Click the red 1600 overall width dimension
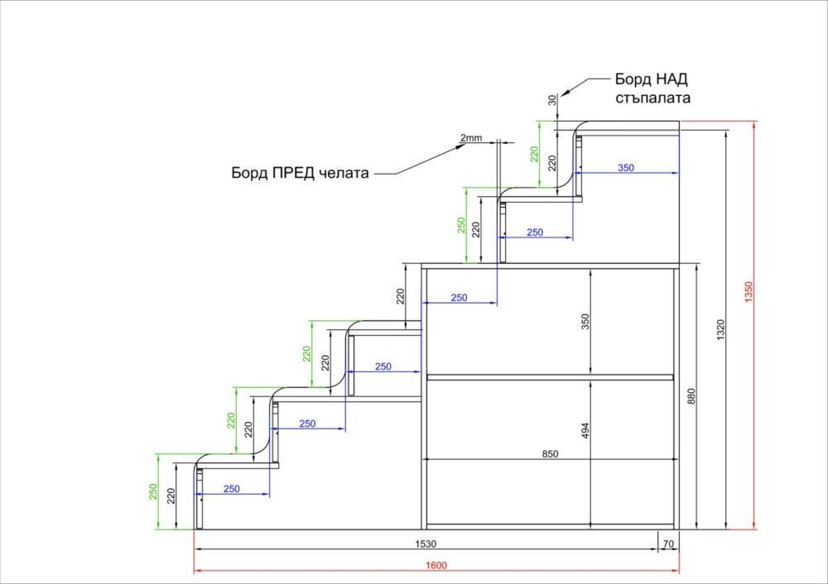pyautogui.click(x=436, y=565)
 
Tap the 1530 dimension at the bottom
pyautogui.click(x=426, y=543)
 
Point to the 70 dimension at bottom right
pyautogui.click(x=668, y=543)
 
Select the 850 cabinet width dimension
pyautogui.click(x=550, y=453)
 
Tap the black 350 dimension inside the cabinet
pyautogui.click(x=585, y=322)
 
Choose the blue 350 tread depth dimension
pyautogui.click(x=626, y=168)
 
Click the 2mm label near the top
pyautogui.click(x=470, y=137)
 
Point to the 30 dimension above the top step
pyautogui.click(x=552, y=100)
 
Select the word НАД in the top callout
pyautogui.click(x=671, y=79)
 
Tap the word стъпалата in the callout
pyautogui.click(x=652, y=98)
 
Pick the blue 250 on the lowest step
pyautogui.click(x=232, y=489)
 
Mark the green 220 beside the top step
pyautogui.click(x=535, y=154)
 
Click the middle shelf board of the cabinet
pyautogui.click(x=550, y=377)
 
